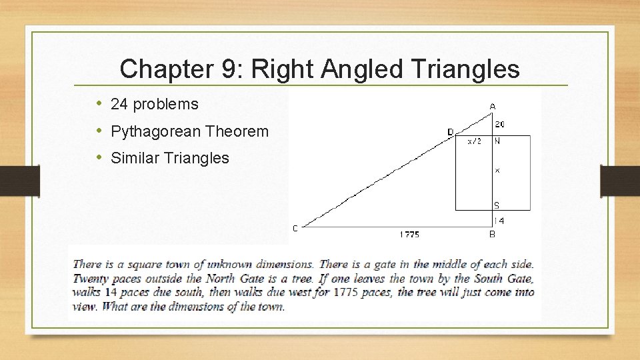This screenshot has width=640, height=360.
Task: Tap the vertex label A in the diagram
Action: pyautogui.click(x=493, y=106)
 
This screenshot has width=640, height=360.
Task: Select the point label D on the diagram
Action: pyautogui.click(x=450, y=132)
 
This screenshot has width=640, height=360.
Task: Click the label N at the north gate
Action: pyautogui.click(x=497, y=141)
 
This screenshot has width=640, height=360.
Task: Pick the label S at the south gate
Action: pyautogui.click(x=497, y=205)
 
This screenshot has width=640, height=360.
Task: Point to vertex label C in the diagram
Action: pyautogui.click(x=295, y=228)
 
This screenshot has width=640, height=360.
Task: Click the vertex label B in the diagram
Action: pyautogui.click(x=492, y=234)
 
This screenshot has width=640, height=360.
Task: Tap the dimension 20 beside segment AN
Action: pyautogui.click(x=500, y=124)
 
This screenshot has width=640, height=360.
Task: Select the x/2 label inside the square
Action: pyautogui.click(x=474, y=141)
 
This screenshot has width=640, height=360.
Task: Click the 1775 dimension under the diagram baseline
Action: pyautogui.click(x=409, y=234)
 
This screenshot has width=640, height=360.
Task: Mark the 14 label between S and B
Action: pyautogui.click(x=499, y=221)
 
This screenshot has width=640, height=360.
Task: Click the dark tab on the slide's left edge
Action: pyautogui.click(x=20, y=181)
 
